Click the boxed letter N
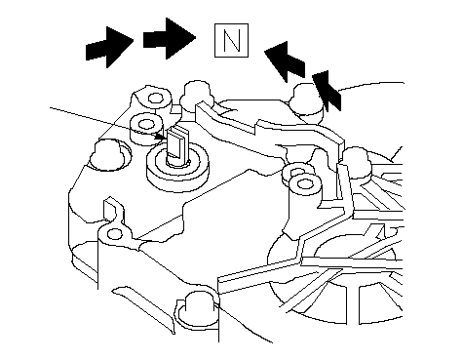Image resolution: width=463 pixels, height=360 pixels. tap(231, 40)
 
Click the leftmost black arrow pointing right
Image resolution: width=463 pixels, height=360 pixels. tap(109, 48)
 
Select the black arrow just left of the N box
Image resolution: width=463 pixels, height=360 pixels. tap(169, 39)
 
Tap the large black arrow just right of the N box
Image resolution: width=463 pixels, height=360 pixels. tap(286, 61)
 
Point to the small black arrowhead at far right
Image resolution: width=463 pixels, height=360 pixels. tap(327, 91)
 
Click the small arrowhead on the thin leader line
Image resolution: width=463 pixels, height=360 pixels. tap(161, 137)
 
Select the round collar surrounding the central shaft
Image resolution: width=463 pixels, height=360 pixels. tap(177, 168)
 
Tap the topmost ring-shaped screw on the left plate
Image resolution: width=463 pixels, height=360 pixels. tap(155, 98)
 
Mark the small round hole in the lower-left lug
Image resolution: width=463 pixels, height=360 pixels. tap(115, 234)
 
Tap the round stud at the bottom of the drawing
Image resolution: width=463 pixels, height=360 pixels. tap(196, 310)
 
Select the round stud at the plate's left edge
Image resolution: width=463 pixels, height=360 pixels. tap(109, 154)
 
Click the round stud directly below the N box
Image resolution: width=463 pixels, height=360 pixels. tap(196, 95)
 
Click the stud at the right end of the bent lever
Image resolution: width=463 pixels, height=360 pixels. tap(356, 163)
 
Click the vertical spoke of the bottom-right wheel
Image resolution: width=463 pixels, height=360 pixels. tap(353, 305)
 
